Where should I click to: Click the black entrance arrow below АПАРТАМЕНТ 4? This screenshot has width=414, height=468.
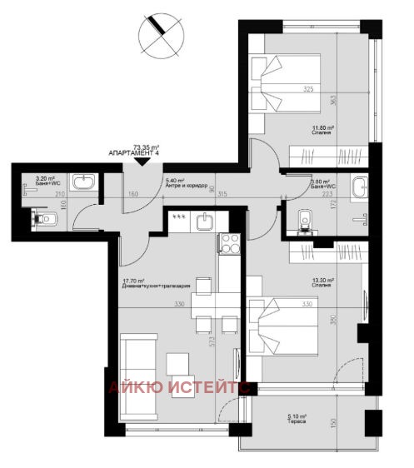click(142, 162)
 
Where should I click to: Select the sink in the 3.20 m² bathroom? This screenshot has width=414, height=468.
click(84, 182)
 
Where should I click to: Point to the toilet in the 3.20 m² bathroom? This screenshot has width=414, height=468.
click(45, 219)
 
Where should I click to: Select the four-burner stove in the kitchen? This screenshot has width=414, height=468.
click(228, 244)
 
